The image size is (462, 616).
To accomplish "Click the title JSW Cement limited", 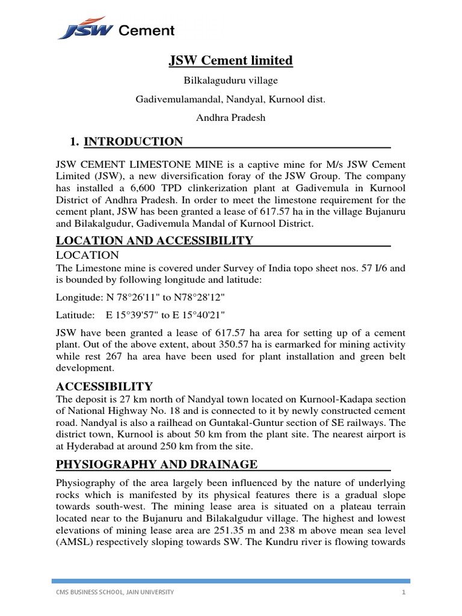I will [230, 60].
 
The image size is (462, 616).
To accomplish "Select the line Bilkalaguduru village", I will [230, 80].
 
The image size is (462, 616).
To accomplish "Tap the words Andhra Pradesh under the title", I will [230, 118].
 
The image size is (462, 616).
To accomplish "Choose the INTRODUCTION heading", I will [133, 142].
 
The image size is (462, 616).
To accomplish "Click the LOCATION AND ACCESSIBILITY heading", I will [154, 241].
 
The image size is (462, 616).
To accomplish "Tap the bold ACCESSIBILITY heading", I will [104, 386].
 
